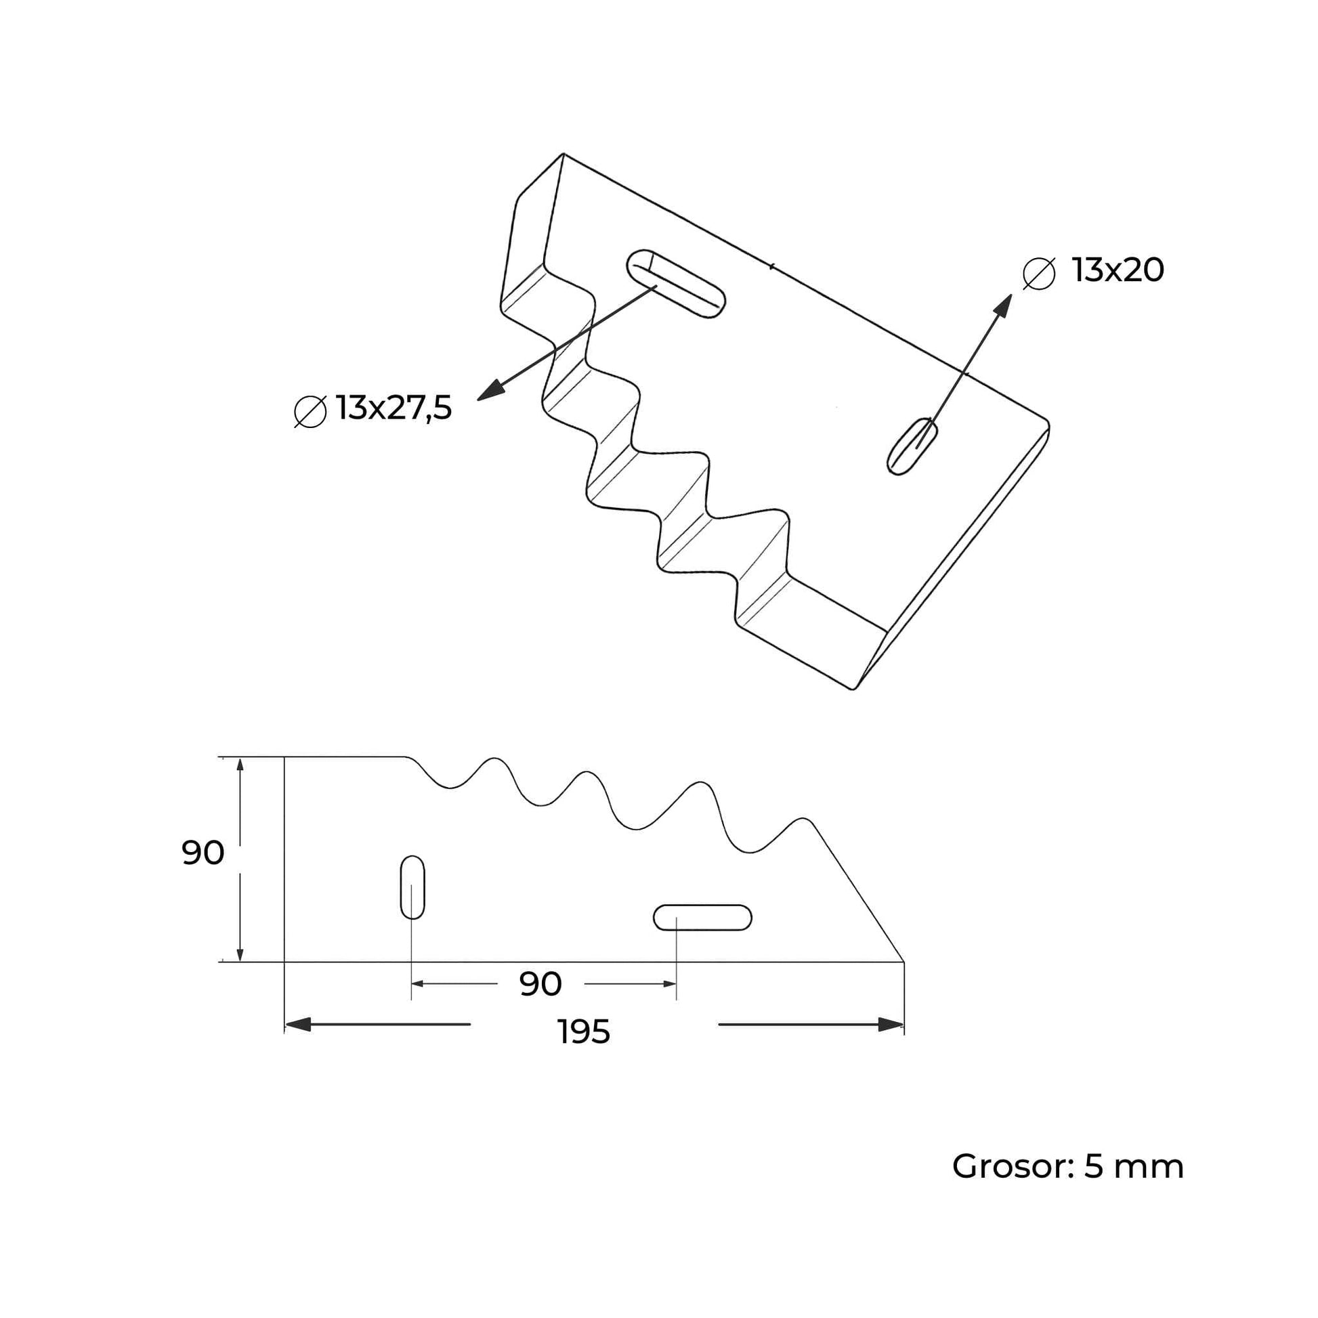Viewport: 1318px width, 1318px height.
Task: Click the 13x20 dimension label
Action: (1118, 271)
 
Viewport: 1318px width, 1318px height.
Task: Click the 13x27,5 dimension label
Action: (394, 408)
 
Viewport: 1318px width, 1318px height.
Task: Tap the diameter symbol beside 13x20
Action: (1039, 274)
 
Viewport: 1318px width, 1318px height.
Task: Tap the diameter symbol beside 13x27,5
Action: (310, 411)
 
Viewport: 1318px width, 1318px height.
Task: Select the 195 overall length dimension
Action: (583, 1032)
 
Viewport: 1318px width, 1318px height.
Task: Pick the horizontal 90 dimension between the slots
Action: (540, 983)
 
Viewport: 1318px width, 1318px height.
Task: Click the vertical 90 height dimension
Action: (203, 853)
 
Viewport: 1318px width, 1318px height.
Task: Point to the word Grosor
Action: (1006, 1166)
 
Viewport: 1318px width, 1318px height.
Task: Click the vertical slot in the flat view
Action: (412, 887)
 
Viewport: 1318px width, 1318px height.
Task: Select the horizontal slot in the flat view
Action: (702, 918)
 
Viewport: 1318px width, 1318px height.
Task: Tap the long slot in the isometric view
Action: (675, 282)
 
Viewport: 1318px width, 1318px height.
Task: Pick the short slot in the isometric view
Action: (912, 446)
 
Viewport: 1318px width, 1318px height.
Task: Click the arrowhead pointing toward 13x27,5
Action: (490, 391)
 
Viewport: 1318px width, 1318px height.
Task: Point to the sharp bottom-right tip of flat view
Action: (902, 960)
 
